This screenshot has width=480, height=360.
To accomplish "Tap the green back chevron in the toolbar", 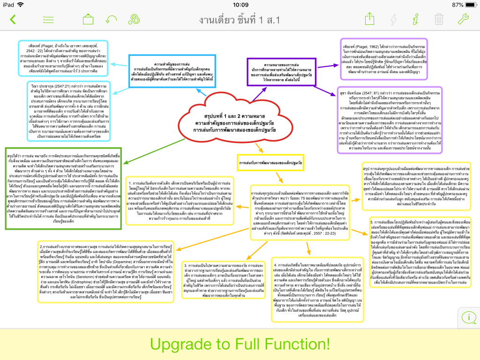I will (x=13, y=19).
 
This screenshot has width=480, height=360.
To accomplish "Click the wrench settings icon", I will (x=463, y=19).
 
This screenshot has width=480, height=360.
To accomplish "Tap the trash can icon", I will (x=439, y=19).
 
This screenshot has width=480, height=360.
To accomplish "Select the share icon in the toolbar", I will (x=370, y=19).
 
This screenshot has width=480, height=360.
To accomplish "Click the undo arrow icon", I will (x=112, y=19).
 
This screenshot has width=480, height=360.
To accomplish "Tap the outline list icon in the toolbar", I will (x=48, y=20).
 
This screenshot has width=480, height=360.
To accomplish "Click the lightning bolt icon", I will (x=393, y=19).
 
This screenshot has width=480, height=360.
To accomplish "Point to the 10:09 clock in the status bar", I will (x=240, y=4).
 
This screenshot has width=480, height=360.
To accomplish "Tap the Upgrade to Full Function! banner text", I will (x=240, y=344).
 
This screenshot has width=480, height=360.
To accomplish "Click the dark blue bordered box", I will (x=172, y=71).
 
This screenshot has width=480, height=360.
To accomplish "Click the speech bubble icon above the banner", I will (x=469, y=317).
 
